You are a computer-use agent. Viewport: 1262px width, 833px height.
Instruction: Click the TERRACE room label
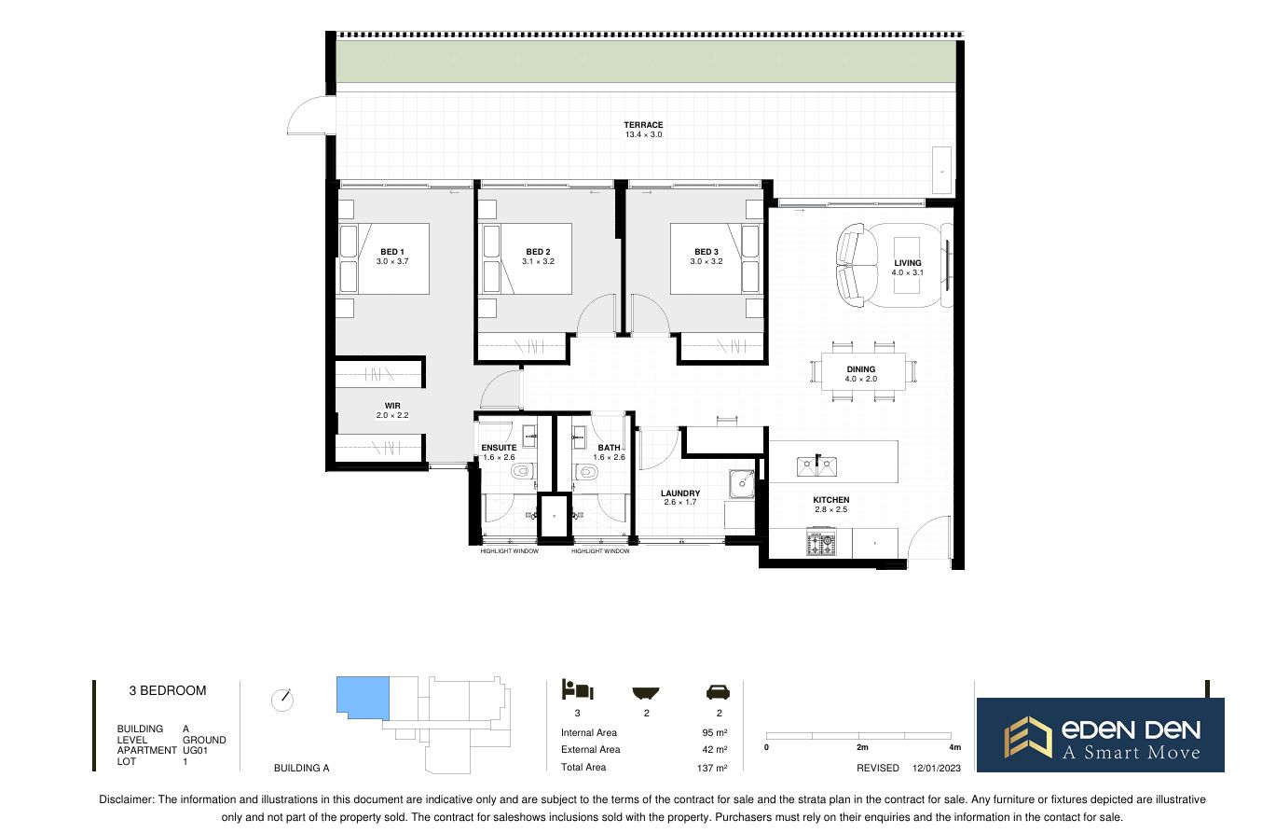(x=643, y=125)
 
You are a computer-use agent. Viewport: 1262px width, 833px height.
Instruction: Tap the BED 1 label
(x=392, y=252)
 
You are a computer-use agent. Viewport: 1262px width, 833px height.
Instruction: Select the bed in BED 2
(x=525, y=258)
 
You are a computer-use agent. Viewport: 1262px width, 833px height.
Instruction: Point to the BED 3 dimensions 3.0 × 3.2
(x=706, y=262)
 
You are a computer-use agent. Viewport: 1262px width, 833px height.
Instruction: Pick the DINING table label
(x=861, y=369)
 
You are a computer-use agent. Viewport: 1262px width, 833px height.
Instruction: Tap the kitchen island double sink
(x=816, y=465)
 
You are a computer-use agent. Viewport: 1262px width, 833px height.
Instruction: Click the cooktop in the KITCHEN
(x=822, y=542)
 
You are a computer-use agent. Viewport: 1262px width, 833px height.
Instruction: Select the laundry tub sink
(x=742, y=483)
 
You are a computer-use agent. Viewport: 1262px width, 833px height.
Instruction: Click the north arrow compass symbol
(x=282, y=700)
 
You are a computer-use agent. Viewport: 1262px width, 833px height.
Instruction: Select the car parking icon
(x=719, y=691)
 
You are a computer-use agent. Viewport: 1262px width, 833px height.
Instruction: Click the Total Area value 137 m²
(x=713, y=768)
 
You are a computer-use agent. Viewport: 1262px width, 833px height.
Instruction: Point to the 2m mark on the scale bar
(x=861, y=748)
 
